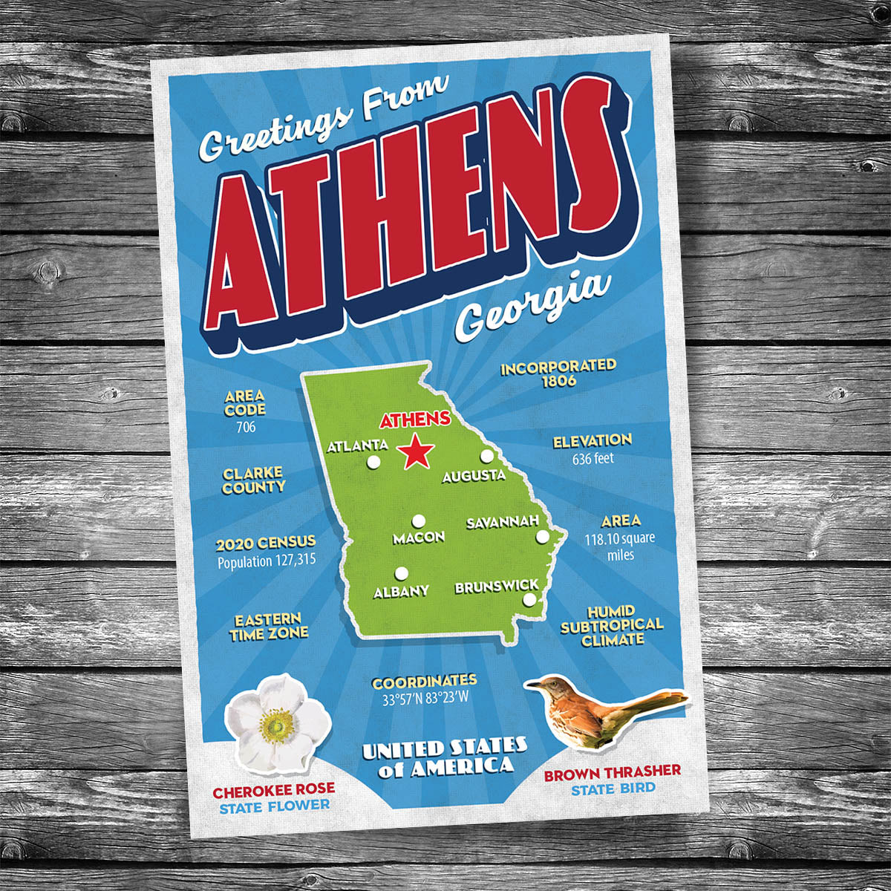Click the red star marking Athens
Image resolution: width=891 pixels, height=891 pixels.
click(416, 452)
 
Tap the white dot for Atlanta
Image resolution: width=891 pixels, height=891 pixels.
click(373, 463)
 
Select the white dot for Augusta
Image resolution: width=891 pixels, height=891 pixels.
click(487, 456)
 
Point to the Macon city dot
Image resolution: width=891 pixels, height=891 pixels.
click(419, 520)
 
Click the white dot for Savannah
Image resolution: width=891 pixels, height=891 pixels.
click(543, 536)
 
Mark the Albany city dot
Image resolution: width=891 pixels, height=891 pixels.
click(402, 573)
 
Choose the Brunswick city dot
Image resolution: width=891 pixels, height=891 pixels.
click(529, 600)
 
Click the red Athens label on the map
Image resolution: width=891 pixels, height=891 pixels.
click(414, 420)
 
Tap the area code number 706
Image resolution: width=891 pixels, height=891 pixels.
click(246, 427)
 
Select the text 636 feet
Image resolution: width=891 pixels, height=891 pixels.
click(593, 459)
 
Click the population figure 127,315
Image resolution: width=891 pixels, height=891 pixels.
click(290, 561)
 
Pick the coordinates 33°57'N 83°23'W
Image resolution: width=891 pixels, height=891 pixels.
click(425, 699)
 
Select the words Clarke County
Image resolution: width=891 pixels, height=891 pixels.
click(253, 480)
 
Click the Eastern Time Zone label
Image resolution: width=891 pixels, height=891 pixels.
click(268, 626)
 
